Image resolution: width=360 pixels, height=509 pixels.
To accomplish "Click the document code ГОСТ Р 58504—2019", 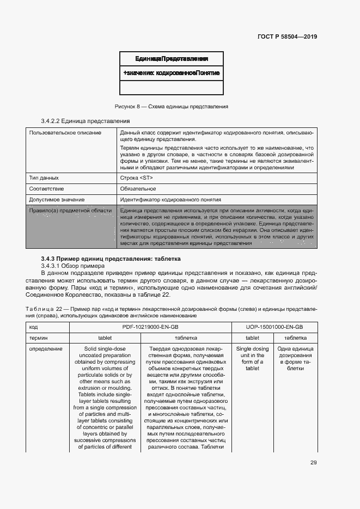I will click(286, 37).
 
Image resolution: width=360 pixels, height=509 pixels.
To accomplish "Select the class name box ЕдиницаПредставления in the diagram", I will click(172, 59).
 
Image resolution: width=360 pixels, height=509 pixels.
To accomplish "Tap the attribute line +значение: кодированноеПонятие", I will click(172, 72).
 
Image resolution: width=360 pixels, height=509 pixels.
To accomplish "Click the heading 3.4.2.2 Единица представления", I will click(86, 121).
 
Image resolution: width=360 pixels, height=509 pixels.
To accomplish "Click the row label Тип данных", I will click(44, 178).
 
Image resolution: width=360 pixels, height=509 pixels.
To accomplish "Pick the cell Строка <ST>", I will click(136, 178).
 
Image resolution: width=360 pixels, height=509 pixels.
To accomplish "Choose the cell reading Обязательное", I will click(138, 189).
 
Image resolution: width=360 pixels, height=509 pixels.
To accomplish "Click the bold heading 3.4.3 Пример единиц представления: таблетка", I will click(111, 259).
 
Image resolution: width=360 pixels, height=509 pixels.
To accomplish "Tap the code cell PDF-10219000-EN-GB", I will click(150, 327).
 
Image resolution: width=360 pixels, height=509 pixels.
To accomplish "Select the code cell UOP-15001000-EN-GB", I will click(274, 327).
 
